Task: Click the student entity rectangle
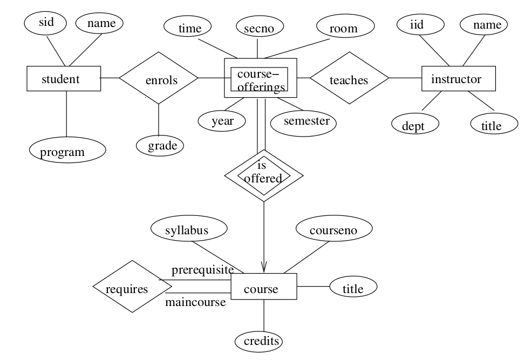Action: [64, 79]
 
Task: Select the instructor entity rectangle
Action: [459, 79]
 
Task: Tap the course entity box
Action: [264, 287]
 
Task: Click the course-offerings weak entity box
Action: [261, 78]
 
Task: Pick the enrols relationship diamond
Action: [159, 78]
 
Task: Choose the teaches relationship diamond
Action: [350, 78]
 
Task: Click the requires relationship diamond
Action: [132, 287]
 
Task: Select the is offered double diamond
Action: [264, 176]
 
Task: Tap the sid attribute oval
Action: [45, 23]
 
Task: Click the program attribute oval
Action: [68, 150]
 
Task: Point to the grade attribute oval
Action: [160, 146]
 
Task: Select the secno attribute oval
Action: [260, 27]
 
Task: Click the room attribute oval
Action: [345, 26]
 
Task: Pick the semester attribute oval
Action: [303, 123]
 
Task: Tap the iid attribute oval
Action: [420, 24]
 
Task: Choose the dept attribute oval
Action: [415, 124]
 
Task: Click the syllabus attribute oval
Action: [189, 229]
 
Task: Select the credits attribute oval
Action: [258, 341]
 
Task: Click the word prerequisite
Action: [202, 270]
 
